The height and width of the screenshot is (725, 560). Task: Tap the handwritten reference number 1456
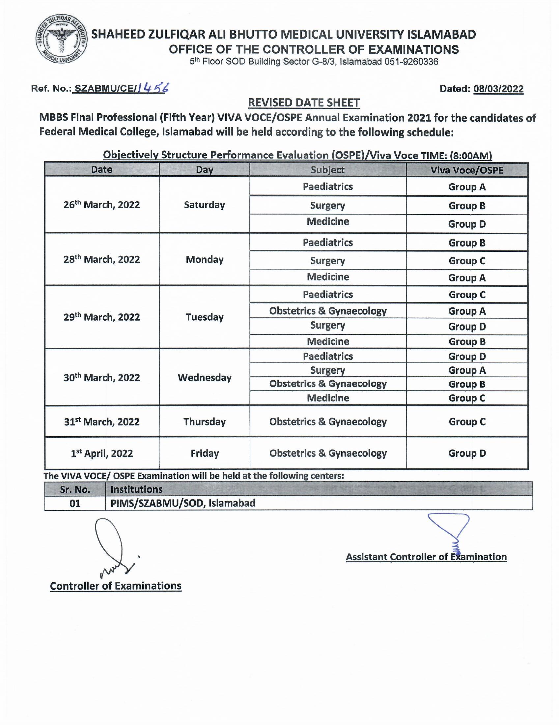point(153,88)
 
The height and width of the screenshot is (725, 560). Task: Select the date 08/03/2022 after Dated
point(498,89)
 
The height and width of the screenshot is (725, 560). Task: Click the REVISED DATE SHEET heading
point(304,103)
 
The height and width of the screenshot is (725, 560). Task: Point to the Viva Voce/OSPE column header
point(467,170)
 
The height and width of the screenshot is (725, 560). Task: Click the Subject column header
point(327,170)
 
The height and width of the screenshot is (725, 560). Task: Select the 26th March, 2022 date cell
point(102,205)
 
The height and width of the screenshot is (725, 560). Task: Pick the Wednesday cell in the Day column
point(204,377)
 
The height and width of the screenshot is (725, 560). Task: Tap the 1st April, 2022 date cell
point(102,453)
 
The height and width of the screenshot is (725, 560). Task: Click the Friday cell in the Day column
point(204,453)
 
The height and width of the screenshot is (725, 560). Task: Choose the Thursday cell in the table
point(204,421)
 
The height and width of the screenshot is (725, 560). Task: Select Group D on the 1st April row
point(467,453)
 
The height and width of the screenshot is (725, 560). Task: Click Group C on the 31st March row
point(467,422)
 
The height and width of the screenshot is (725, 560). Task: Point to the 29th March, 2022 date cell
point(102,317)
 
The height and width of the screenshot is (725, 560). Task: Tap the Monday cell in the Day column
point(204,259)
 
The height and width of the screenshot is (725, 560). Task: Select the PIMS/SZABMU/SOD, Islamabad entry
point(183,503)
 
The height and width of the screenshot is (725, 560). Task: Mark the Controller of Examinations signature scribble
point(113,548)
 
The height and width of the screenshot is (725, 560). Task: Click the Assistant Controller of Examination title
point(426,557)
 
